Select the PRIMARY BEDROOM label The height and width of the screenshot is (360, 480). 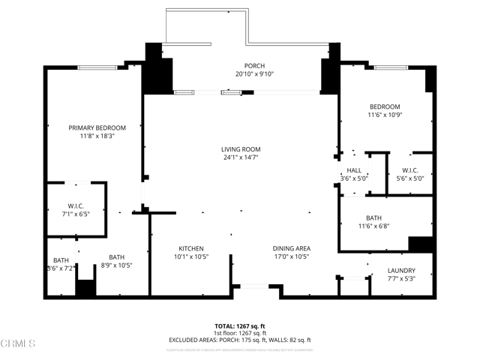(x=97, y=127)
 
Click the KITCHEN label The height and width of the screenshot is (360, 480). (x=191, y=248)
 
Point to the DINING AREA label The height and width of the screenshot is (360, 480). (x=292, y=248)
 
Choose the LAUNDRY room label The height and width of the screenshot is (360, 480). (x=401, y=271)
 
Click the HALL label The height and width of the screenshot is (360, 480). (x=354, y=170)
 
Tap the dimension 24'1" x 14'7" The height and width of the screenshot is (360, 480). (x=240, y=157)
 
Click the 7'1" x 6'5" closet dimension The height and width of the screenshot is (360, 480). (x=76, y=214)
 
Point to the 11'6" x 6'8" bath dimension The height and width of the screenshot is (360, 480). (x=373, y=226)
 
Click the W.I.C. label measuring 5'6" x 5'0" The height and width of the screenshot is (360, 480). (x=409, y=170)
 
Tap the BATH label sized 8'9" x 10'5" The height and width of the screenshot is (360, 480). (x=116, y=256)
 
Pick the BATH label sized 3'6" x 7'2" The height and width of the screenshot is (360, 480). (x=61, y=260)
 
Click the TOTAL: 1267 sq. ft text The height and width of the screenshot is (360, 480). (x=240, y=325)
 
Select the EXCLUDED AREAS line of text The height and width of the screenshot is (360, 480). (x=240, y=340)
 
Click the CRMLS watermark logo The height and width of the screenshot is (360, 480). (x=18, y=344)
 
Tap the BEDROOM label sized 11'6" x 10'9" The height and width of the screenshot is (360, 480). (x=384, y=106)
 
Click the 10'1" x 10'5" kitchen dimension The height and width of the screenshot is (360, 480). (x=191, y=256)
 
